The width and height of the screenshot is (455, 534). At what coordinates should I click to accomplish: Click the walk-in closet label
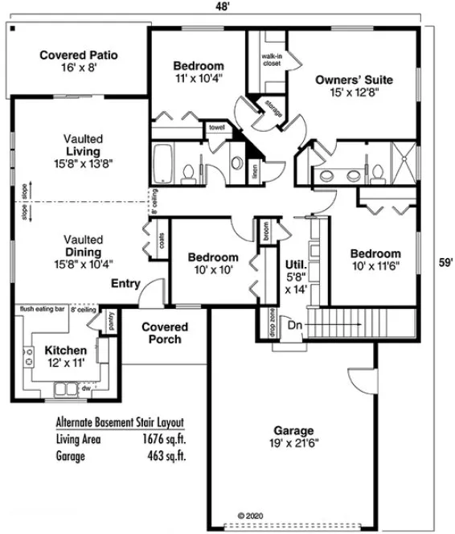(x=271, y=60)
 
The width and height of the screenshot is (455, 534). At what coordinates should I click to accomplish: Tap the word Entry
(x=125, y=283)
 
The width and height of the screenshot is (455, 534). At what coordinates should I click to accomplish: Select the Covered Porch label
(x=165, y=333)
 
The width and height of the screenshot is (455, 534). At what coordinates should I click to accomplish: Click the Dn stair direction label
(x=295, y=326)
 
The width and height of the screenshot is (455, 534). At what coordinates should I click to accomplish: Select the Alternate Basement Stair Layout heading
(x=120, y=421)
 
